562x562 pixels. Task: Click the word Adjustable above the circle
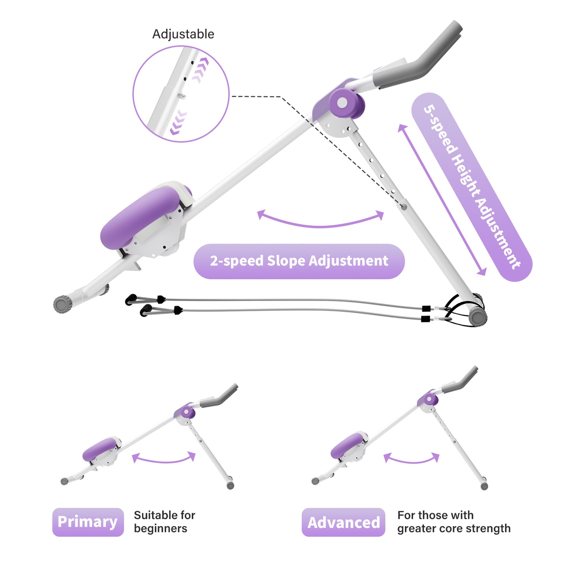click(183, 34)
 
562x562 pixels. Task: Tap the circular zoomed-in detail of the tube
click(181, 94)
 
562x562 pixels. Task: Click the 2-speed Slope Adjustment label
click(299, 261)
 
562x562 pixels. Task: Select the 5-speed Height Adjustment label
click(471, 187)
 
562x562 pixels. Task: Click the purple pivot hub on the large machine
click(343, 103)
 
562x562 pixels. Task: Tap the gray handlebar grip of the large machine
click(424, 62)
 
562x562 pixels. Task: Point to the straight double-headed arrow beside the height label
click(442, 200)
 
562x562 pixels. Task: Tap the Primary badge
click(88, 522)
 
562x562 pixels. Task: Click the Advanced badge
click(343, 522)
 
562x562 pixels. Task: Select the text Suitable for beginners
click(164, 522)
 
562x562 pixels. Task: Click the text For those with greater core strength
click(453, 522)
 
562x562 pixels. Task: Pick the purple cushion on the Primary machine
click(100, 449)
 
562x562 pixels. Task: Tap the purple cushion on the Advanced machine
click(347, 446)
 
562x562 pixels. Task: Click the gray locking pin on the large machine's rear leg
click(404, 207)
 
